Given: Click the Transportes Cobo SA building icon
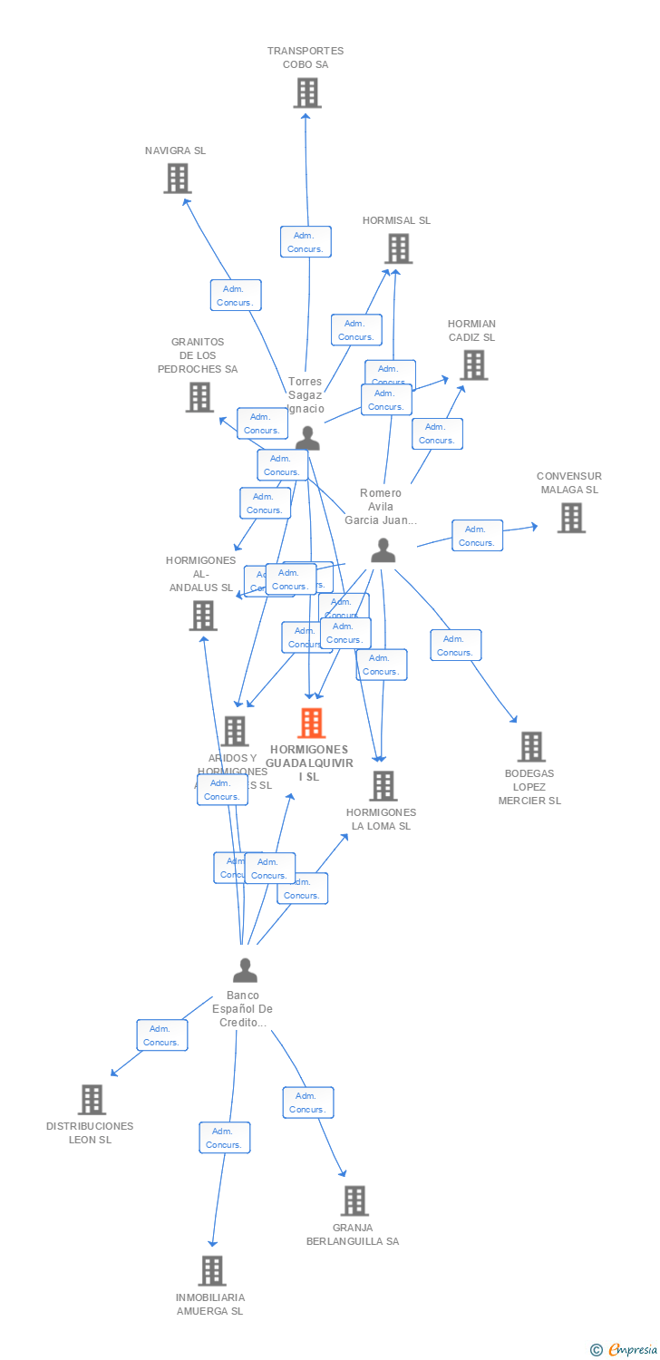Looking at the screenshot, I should coord(307,92).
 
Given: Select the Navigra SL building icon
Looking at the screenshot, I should coord(178,179).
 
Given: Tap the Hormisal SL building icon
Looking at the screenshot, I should coord(398,248).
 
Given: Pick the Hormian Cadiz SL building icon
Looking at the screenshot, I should coord(473,365).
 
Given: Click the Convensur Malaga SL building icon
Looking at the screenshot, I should coord(571,518).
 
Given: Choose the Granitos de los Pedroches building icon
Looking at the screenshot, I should coord(199,397).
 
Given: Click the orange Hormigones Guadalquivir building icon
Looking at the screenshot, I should coord(311,724).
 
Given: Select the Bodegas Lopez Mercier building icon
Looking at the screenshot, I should coord(531,747).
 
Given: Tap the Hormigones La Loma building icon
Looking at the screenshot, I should coord(383,786).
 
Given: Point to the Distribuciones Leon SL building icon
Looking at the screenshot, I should coord(92,1100).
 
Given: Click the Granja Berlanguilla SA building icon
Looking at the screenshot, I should coord(354,1201).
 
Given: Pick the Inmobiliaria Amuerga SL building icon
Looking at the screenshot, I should coord(212,1271).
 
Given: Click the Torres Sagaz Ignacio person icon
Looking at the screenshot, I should coord(308,439).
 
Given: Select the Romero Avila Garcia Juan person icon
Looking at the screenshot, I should coord(383,550).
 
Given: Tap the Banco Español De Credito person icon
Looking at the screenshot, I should coord(245,971).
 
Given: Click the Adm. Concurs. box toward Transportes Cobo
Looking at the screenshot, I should coord(306,242).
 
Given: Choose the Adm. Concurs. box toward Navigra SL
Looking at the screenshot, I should coord(236,296).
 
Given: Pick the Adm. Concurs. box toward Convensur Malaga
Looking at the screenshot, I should coord(477,536).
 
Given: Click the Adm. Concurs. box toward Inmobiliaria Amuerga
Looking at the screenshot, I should coord(225,1138).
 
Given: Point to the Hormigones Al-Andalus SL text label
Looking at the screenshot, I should coord(201,574).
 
